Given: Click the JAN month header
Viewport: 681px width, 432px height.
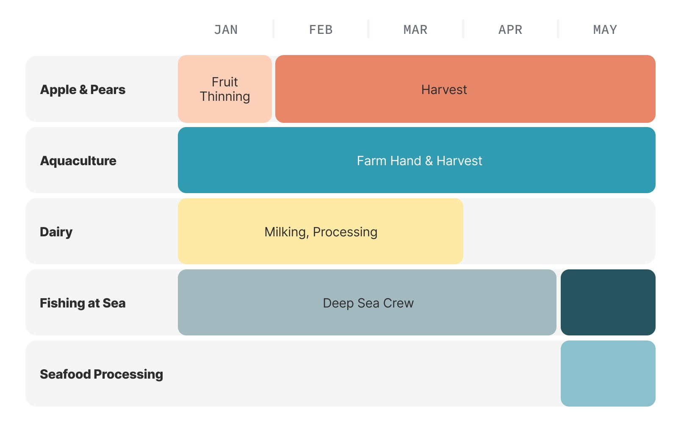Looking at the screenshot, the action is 226,30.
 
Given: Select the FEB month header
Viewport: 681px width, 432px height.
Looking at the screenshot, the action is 321,30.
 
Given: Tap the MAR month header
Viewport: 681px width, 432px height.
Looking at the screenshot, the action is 415,30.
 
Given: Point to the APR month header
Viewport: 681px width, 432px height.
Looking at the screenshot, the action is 510,30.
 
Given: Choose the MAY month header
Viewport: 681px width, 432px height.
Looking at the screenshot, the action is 605,30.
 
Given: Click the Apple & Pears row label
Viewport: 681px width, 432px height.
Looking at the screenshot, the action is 83,90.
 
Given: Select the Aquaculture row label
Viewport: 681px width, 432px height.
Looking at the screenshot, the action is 78,161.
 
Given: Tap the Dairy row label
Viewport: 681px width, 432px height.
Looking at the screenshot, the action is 56,232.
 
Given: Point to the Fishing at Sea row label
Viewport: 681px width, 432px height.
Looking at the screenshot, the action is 83,303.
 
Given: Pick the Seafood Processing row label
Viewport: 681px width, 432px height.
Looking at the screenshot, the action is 102,374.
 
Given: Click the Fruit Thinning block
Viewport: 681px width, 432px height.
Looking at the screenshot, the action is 225,89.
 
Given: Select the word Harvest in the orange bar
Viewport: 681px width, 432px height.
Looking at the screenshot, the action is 444,90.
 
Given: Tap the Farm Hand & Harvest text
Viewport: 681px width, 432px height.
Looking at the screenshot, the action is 420,161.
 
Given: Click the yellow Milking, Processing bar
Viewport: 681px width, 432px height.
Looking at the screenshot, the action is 321,231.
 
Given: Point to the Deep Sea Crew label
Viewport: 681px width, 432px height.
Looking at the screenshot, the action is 368,303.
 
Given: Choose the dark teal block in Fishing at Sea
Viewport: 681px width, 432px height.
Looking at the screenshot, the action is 608,302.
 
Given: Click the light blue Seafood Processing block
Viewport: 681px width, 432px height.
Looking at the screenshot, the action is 608,374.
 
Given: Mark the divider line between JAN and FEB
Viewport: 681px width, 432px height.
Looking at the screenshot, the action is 274,29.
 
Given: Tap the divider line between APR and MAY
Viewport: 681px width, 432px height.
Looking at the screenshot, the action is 558,29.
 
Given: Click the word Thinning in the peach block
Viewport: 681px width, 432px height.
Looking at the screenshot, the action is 225,97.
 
